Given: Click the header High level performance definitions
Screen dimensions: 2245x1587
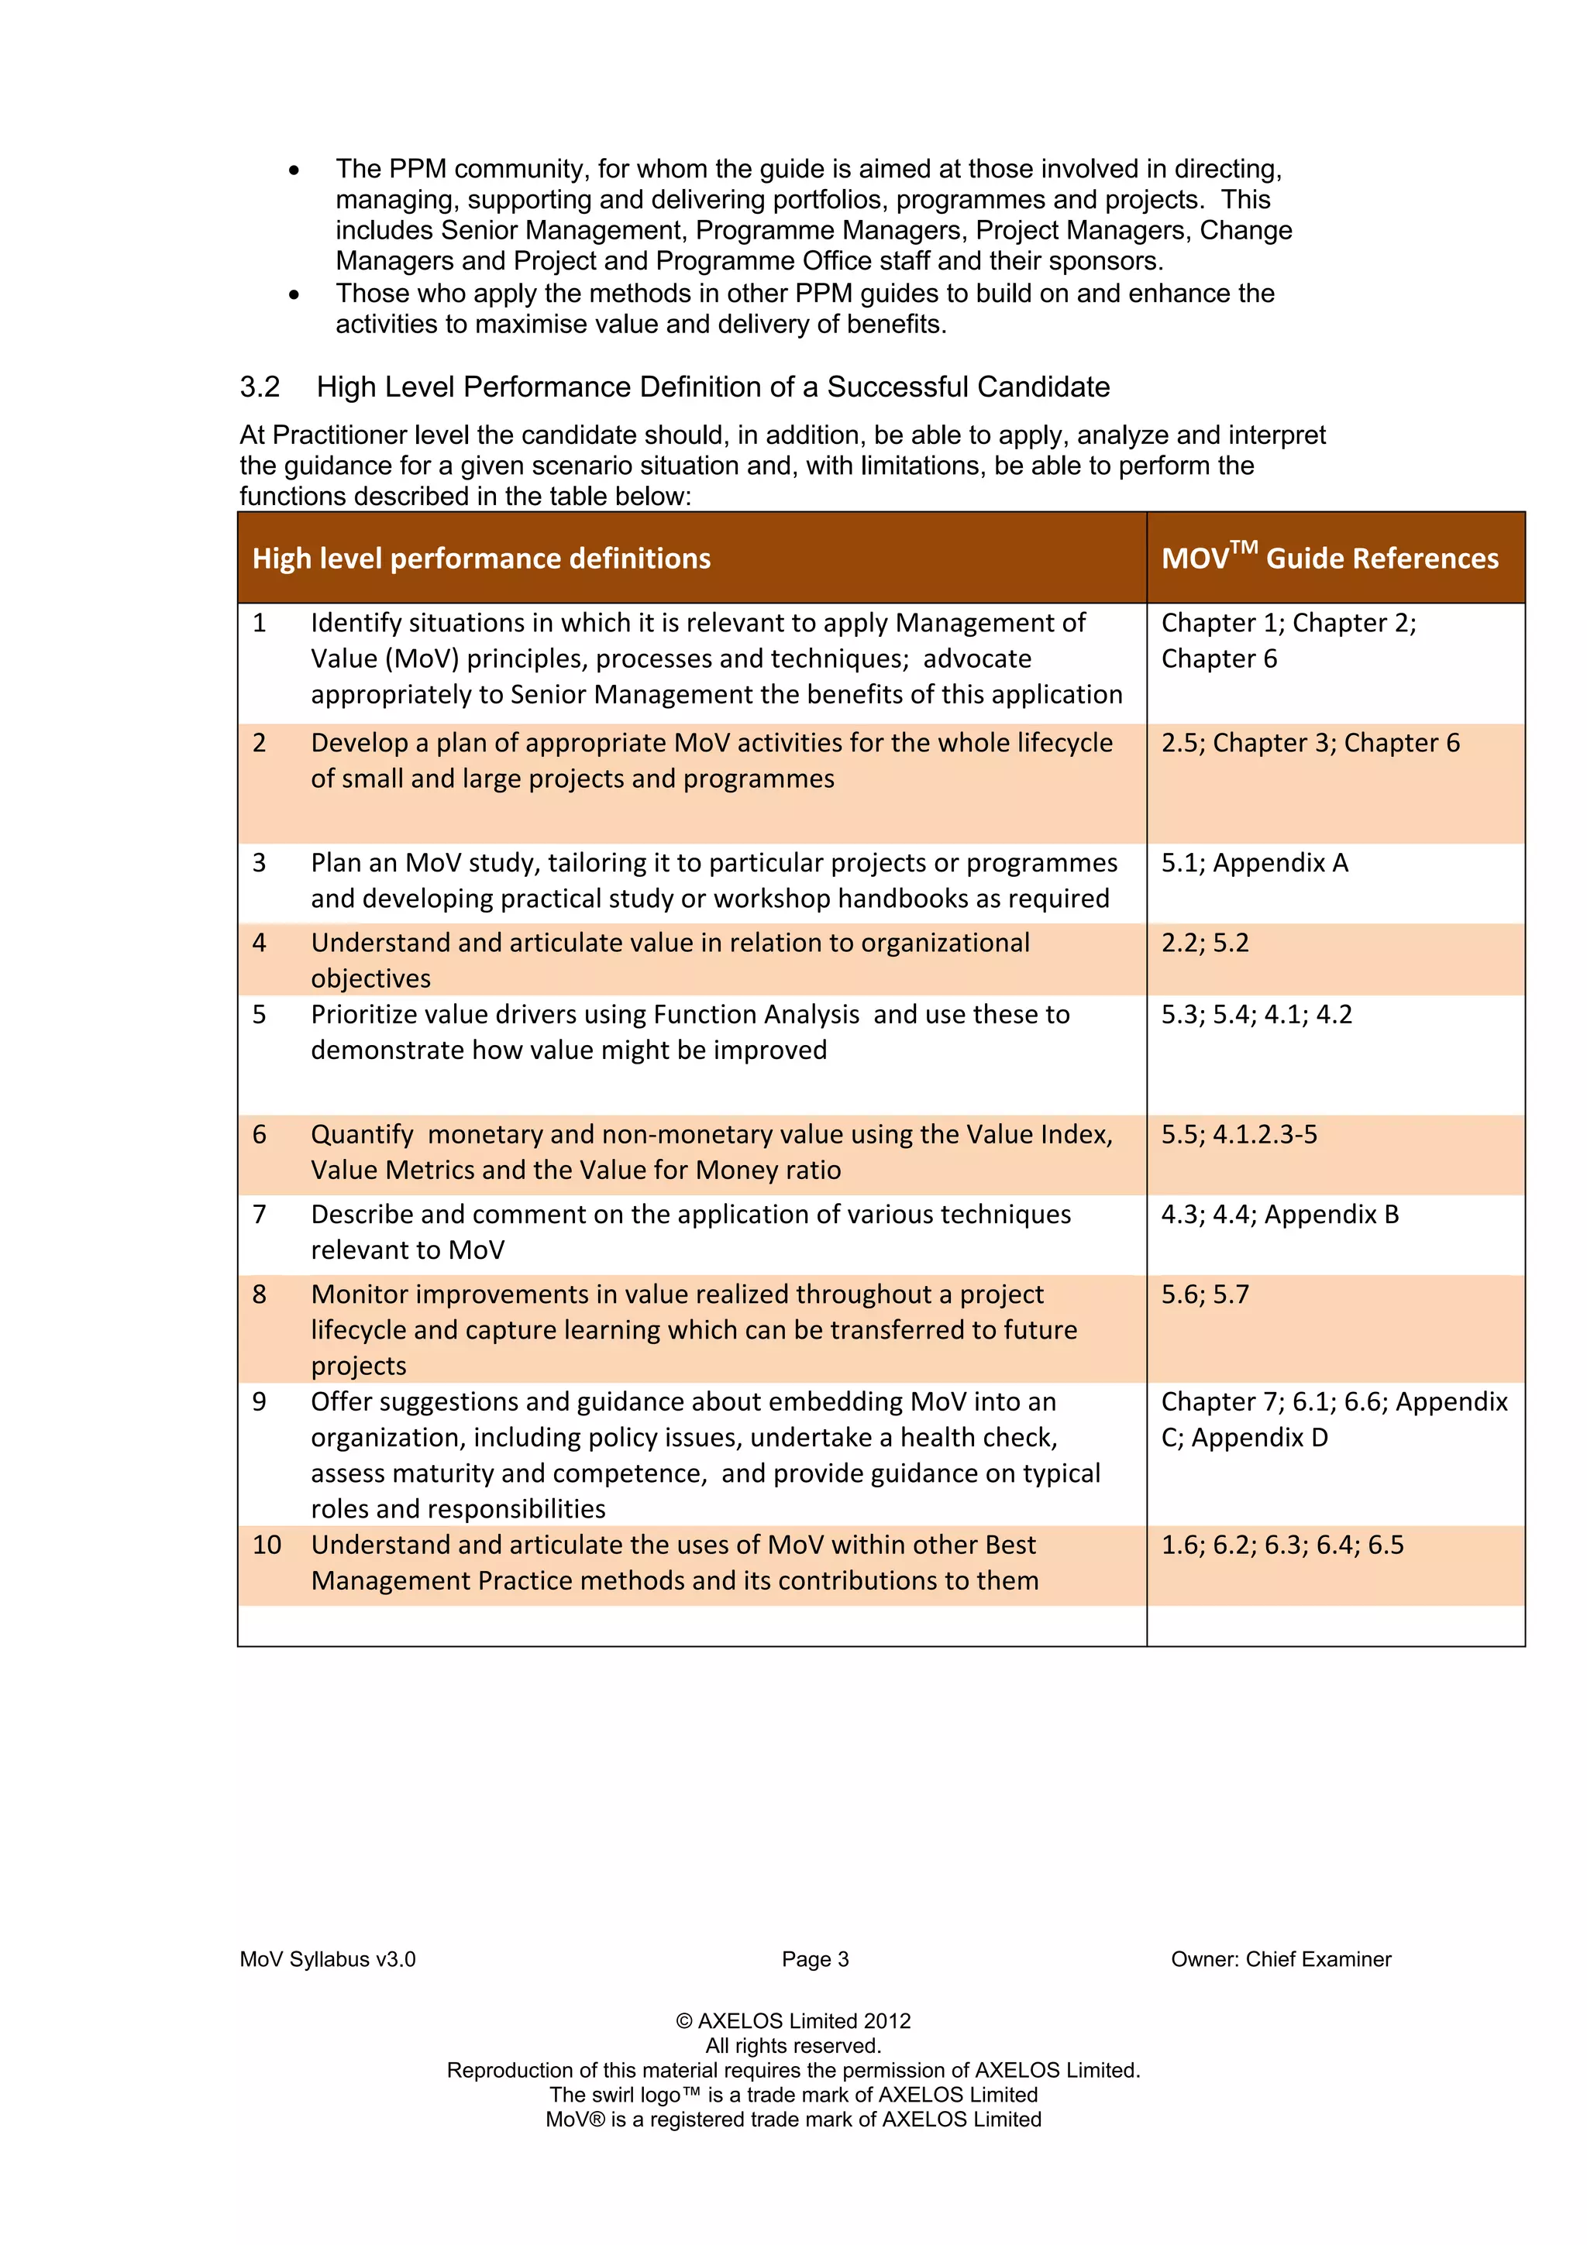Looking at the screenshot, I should (x=481, y=559).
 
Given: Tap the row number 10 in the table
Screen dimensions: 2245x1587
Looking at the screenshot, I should (x=266, y=1545).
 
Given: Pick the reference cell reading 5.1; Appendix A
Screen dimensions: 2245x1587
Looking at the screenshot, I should (x=1254, y=862).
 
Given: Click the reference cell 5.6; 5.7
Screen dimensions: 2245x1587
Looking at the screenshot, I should (x=1205, y=1294).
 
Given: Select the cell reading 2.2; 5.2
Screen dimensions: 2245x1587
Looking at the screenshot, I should (x=1205, y=943).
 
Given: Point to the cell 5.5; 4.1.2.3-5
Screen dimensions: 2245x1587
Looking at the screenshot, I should (x=1239, y=1134).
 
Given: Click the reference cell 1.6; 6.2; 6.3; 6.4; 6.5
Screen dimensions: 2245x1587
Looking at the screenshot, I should (x=1282, y=1545).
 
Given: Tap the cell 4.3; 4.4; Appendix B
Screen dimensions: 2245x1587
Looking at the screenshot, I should (x=1279, y=1215).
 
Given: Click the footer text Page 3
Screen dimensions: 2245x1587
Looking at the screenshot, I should (x=814, y=1959).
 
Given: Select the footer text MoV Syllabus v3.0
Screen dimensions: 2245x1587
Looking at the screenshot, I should (x=328, y=1959).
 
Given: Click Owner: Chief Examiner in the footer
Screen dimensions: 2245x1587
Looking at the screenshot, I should (x=1280, y=1959).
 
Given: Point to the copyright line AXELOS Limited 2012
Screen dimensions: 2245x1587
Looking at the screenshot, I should (x=793, y=2021).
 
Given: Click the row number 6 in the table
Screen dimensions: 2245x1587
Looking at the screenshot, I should (x=259, y=1134).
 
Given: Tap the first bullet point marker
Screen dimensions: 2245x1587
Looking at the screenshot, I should (x=294, y=170).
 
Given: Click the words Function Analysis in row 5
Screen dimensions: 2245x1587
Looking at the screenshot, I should (x=756, y=1015).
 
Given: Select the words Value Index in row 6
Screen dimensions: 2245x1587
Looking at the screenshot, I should (x=1035, y=1134).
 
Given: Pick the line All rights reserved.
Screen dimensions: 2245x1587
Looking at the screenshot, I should (x=793, y=2046).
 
